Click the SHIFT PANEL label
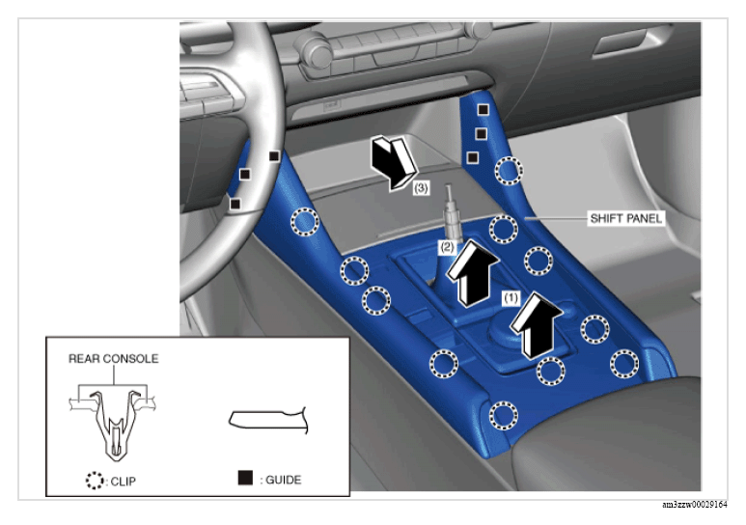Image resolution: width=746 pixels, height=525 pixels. [x=625, y=218]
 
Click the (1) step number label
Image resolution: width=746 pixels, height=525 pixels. [x=511, y=298]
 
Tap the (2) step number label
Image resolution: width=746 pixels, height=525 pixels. [x=447, y=247]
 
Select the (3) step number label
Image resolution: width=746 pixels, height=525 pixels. [x=421, y=188]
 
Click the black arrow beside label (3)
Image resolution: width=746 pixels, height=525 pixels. [x=394, y=163]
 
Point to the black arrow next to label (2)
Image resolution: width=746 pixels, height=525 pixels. [x=473, y=273]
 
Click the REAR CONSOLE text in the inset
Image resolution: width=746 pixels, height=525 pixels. [x=113, y=358]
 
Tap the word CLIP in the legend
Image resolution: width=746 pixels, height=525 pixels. [x=124, y=482]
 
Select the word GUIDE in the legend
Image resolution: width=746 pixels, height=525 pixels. [x=283, y=480]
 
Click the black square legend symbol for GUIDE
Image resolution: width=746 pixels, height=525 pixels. [x=245, y=478]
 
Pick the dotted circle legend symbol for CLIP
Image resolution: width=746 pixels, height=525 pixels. [x=95, y=481]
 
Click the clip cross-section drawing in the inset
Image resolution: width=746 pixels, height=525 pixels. [x=113, y=425]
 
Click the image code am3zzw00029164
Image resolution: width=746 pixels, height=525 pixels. [x=695, y=505]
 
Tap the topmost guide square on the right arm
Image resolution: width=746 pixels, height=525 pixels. [x=483, y=110]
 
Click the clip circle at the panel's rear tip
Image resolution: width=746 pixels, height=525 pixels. [x=504, y=416]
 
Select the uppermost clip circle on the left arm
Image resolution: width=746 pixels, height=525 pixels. [x=305, y=221]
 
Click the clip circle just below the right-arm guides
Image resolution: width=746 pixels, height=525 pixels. [x=509, y=170]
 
